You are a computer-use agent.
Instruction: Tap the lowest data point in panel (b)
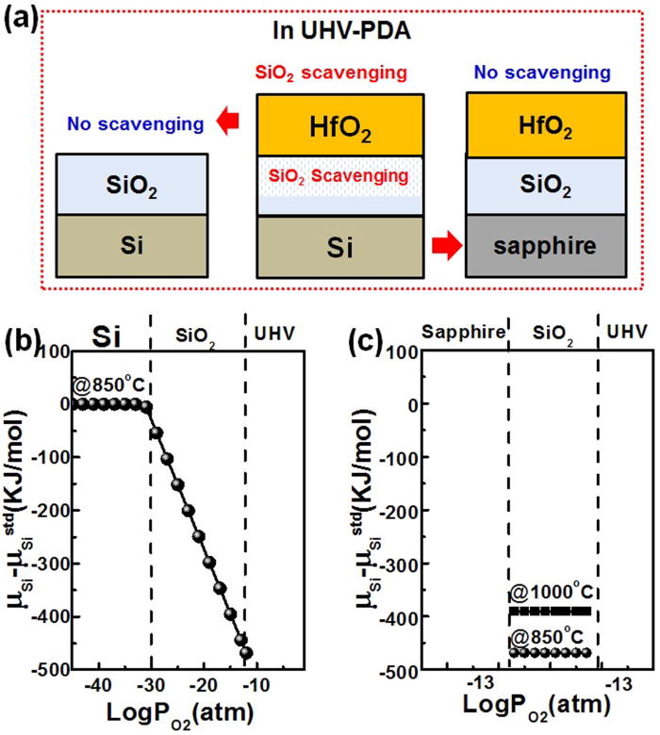pyautogui.click(x=248, y=652)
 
